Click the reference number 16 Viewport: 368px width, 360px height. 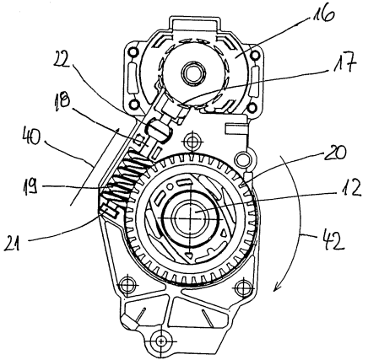pyautogui.click(x=323, y=13)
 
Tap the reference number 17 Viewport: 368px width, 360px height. pyautogui.click(x=345, y=62)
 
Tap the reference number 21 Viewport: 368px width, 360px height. pyautogui.click(x=12, y=244)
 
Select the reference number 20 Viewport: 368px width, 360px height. pyautogui.click(x=337, y=152)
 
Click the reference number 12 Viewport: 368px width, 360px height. pyautogui.click(x=349, y=189)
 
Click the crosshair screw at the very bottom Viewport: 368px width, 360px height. pyautogui.click(x=161, y=341)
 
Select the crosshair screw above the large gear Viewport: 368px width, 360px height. pyautogui.click(x=192, y=141)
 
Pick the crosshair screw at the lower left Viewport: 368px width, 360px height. pyautogui.click(x=127, y=285)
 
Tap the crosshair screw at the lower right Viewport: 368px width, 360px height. pyautogui.click(x=243, y=287)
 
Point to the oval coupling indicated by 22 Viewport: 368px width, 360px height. pyautogui.click(x=160, y=128)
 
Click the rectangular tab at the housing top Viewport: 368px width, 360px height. pyautogui.click(x=195, y=23)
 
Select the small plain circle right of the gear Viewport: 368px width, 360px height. pyautogui.click(x=241, y=159)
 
